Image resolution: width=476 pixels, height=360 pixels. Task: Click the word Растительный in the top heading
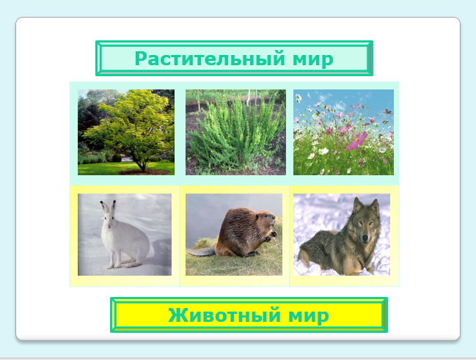pos(210,59)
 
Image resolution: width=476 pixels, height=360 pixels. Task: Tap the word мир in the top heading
pos(313,59)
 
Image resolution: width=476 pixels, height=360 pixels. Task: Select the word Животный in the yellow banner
pos(224,315)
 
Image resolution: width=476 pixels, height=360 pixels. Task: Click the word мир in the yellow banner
pos(308,316)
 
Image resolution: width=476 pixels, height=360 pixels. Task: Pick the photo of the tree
pos(126,132)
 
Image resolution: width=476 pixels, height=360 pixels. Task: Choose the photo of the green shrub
pos(235,132)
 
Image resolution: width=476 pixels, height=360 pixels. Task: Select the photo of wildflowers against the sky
pos(343,132)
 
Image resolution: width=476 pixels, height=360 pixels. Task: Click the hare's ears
pos(109,207)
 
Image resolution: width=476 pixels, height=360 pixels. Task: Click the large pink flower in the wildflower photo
pos(358,141)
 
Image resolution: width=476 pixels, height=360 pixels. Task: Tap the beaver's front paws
pos(271,237)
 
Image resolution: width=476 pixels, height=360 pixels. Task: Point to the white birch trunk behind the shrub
pos(247,98)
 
